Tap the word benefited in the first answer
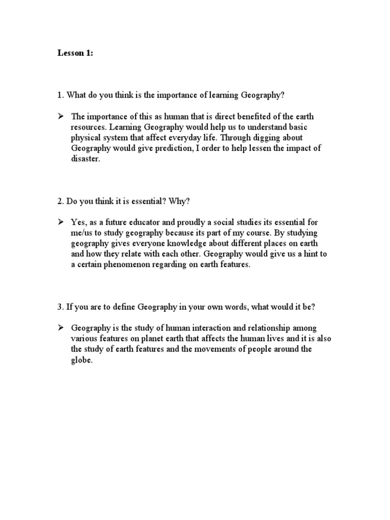(x=245, y=116)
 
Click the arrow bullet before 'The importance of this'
(x=60, y=116)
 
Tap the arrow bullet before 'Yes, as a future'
(x=60, y=222)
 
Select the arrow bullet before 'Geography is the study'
(x=60, y=328)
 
